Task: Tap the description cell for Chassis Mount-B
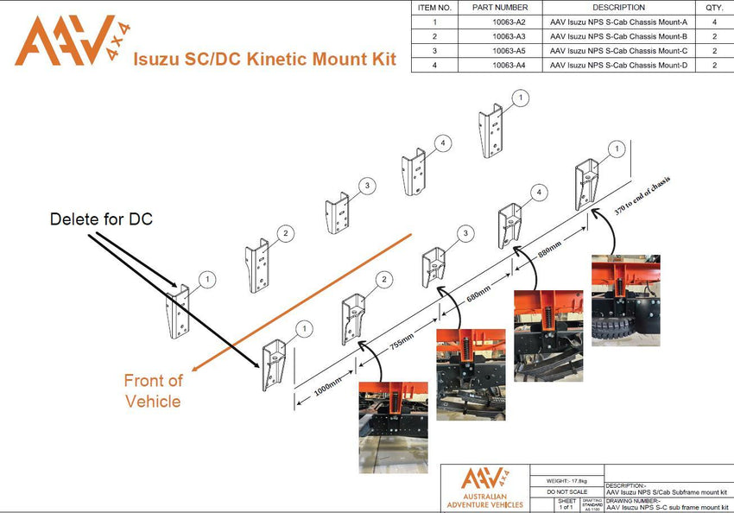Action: (618, 36)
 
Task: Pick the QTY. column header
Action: (714, 7)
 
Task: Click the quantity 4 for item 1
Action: (714, 22)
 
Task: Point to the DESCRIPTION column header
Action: (618, 7)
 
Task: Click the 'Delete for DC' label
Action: (101, 219)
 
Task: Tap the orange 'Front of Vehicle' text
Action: (153, 390)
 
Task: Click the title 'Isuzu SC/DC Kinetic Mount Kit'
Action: (263, 59)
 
